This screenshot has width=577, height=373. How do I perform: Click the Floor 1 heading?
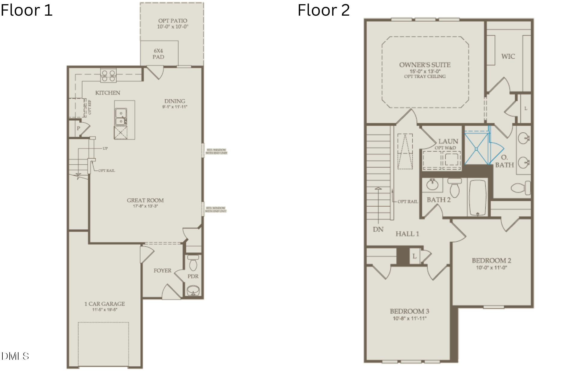(x=26, y=10)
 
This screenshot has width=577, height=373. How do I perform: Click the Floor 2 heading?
(x=324, y=10)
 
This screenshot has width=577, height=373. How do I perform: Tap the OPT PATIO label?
(x=172, y=21)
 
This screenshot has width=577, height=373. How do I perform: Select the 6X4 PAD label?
(x=158, y=54)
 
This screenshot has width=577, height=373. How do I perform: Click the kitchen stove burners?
(x=108, y=76)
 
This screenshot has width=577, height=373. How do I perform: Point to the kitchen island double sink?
(x=121, y=117)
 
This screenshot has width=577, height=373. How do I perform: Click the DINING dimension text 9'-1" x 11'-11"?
(x=175, y=107)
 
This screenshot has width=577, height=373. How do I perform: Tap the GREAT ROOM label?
(x=145, y=200)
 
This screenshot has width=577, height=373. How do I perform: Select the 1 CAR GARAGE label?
(x=105, y=304)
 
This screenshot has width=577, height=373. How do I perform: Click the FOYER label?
(x=162, y=270)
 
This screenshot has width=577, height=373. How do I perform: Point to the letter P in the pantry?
(x=78, y=128)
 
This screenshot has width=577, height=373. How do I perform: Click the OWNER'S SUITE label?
(x=425, y=65)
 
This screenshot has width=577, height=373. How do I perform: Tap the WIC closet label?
(x=508, y=57)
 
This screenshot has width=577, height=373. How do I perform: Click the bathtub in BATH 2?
(x=478, y=197)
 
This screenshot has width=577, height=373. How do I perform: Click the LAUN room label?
(x=448, y=141)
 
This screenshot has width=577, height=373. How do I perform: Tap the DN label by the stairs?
(x=378, y=230)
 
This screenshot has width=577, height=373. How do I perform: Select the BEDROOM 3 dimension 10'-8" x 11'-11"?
(x=409, y=318)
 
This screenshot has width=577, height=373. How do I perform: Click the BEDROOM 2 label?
(x=491, y=260)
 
